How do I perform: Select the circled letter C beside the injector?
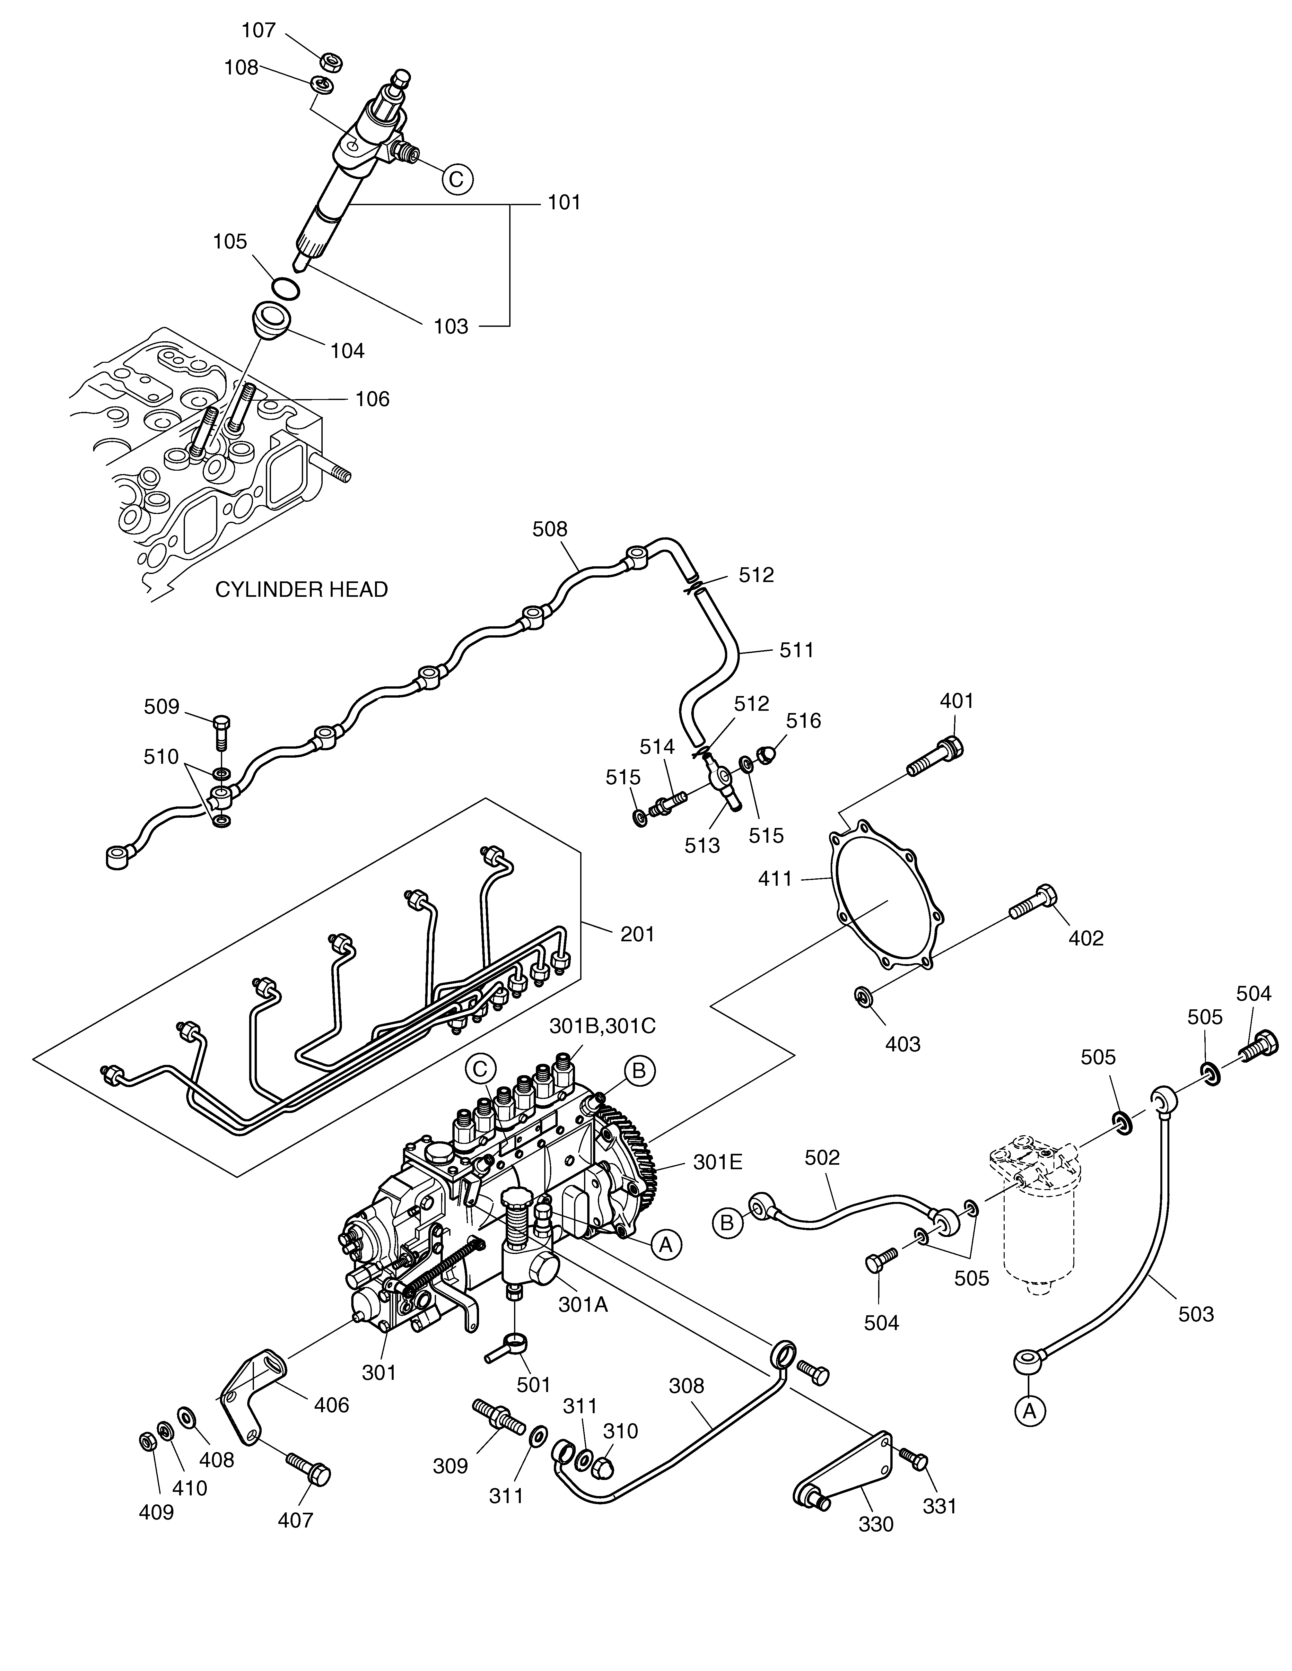tap(456, 179)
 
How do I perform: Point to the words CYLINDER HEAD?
tap(301, 589)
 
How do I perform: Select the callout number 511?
tap(797, 650)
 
